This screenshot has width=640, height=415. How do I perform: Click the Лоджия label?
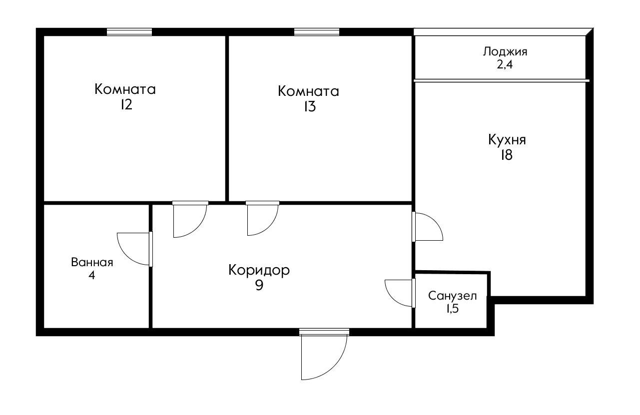[x=505, y=51]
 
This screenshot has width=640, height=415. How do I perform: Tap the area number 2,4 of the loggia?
[x=505, y=64]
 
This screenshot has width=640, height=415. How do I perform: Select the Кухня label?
[x=507, y=140]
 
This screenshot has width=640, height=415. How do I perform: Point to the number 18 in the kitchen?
[x=507, y=155]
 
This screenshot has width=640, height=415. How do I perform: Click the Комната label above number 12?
[x=125, y=90]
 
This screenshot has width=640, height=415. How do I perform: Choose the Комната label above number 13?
[x=308, y=92]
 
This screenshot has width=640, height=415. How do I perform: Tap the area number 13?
[x=309, y=107]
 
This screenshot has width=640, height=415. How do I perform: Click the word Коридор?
[x=259, y=271]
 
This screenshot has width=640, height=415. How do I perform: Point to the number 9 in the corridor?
[x=259, y=286]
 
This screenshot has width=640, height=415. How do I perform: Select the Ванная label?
[x=92, y=263]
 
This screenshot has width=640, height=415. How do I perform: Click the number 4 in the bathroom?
[x=92, y=275]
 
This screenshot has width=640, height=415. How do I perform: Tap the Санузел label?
[x=453, y=296]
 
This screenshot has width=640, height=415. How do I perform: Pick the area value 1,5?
[x=452, y=308]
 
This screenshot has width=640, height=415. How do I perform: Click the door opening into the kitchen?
[x=427, y=227]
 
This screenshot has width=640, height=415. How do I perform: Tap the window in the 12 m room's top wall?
[x=129, y=32]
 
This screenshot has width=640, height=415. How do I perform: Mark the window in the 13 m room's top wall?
[x=317, y=32]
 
